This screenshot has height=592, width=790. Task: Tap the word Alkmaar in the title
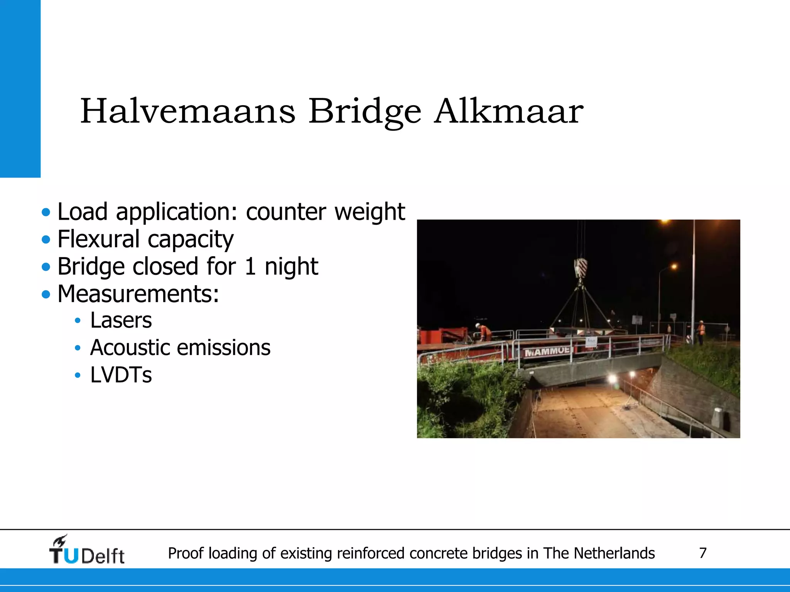click(508, 111)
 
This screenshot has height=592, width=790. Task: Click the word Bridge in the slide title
click(365, 112)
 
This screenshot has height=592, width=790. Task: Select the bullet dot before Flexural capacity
click(46, 240)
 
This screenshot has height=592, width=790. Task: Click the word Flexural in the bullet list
click(98, 239)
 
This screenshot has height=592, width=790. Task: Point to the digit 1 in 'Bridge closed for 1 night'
click(250, 266)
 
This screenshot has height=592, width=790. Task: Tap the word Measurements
click(138, 294)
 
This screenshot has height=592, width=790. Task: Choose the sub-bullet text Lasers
click(121, 320)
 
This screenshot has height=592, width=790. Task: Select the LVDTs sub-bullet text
click(121, 375)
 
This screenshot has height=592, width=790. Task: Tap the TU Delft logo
click(86, 550)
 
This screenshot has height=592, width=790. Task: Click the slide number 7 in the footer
click(702, 553)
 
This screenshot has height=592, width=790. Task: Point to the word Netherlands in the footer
click(614, 553)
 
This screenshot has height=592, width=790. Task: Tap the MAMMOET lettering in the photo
click(547, 351)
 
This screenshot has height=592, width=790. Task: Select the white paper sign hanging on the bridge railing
click(591, 341)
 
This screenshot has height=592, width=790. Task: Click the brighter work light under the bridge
click(612, 378)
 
